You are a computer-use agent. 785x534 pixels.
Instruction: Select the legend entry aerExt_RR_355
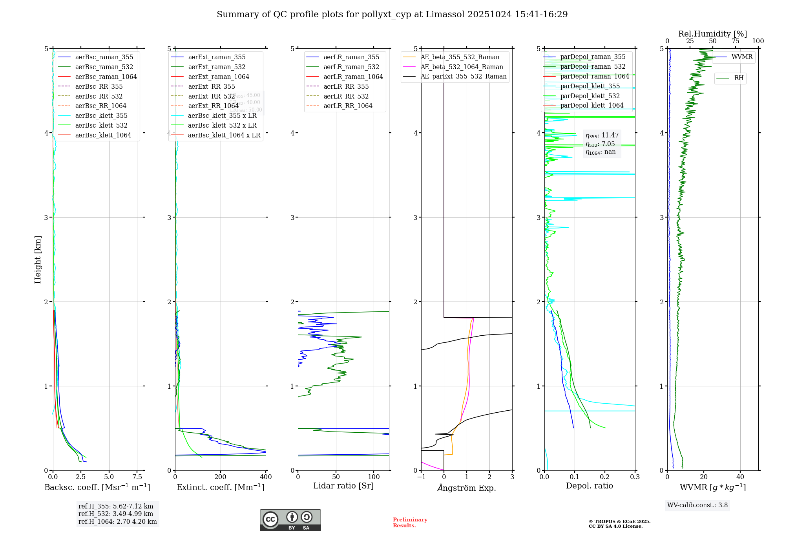pos(211,86)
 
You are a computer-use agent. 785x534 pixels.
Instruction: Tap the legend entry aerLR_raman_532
pos(351,67)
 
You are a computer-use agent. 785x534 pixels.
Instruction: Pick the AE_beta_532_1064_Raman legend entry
pos(462,67)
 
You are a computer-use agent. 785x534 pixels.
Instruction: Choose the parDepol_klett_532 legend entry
pos(590,96)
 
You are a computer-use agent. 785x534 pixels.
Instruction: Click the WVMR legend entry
pos(742,57)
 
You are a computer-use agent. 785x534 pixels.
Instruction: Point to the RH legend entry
pos(739,78)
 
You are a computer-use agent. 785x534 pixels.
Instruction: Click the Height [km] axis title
pos(38,260)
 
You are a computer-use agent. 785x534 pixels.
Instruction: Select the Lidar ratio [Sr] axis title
pos(343,486)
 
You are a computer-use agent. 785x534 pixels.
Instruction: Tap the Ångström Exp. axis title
pos(467,488)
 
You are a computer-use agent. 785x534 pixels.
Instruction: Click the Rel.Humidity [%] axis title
pos(712,34)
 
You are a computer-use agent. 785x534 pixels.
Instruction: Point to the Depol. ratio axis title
pos(589,486)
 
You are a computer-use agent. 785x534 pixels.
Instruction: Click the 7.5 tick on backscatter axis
pos(137,477)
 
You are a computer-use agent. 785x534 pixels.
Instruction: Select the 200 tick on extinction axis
pos(221,477)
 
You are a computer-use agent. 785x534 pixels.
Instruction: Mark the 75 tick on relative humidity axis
pos(735,41)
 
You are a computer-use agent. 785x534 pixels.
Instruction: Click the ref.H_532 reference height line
pos(116,514)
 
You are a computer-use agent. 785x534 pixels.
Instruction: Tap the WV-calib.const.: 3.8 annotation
pos(697,505)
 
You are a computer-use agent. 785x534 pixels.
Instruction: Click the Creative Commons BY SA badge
pos(290,520)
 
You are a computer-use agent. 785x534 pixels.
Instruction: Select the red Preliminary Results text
pos(410,523)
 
